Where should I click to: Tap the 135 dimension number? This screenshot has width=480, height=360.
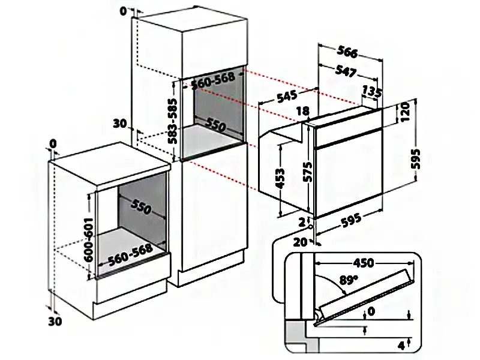click(372, 92)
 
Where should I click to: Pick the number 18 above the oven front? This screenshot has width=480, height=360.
click(302, 111)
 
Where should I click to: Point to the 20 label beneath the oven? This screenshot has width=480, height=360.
click(300, 242)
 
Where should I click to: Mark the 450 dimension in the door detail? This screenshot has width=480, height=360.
click(363, 263)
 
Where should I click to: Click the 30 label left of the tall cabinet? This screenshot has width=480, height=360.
click(120, 124)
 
